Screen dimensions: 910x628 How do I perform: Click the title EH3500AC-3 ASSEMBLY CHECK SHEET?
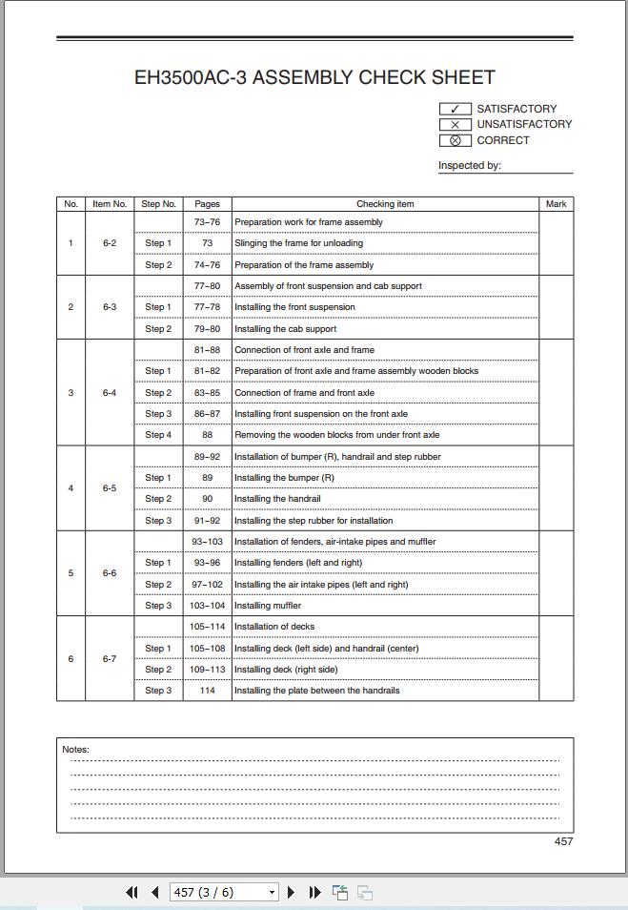click(314, 78)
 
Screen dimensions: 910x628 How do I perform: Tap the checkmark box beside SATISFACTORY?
click(455, 109)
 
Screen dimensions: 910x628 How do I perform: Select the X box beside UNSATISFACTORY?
click(455, 124)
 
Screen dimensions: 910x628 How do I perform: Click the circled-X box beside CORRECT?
click(455, 140)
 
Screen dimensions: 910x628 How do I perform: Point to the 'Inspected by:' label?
click(470, 165)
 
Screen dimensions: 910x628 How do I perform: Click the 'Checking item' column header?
click(385, 203)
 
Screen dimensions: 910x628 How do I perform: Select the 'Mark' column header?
click(557, 203)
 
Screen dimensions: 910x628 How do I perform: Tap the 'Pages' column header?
click(207, 203)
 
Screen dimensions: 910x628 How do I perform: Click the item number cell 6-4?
click(110, 392)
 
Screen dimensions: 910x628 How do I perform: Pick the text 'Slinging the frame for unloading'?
click(298, 243)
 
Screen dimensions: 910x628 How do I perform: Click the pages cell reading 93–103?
click(207, 542)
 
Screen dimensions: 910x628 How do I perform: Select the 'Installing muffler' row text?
click(268, 606)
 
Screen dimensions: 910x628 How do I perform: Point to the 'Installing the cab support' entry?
click(285, 329)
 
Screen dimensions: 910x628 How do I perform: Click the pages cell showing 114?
click(207, 691)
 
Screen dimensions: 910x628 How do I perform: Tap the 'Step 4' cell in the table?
click(158, 435)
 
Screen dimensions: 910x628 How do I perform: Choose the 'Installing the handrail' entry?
click(277, 499)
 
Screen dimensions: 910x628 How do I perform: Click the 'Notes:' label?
click(75, 749)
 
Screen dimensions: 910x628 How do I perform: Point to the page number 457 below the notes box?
click(563, 841)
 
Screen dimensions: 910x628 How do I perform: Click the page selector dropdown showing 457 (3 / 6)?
click(224, 892)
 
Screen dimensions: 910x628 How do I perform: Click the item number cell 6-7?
click(110, 659)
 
